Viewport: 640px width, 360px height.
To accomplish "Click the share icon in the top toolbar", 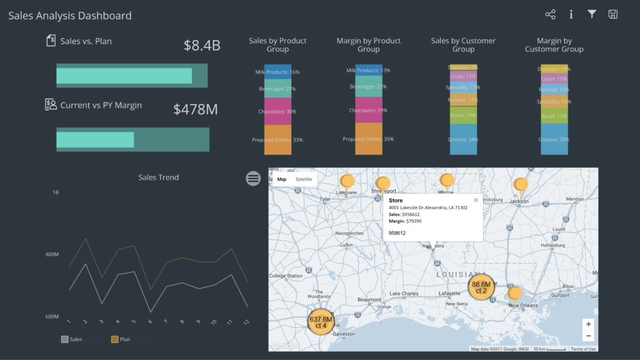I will (550, 14).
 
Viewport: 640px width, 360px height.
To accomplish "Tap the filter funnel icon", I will (592, 14).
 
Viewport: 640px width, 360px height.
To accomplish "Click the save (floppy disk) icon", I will (613, 14).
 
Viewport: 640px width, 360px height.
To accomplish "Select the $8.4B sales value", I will (202, 45).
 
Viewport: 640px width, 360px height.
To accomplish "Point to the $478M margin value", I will (196, 109).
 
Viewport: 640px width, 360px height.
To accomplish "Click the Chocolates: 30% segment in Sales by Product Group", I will (277, 111).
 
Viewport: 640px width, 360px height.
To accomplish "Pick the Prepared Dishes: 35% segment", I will (369, 139).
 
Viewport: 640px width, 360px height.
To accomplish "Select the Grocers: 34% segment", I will (463, 139).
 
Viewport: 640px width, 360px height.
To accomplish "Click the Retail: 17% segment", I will (554, 116).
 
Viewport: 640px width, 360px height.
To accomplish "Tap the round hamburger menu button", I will (253, 179).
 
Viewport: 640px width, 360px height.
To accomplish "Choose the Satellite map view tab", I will (304, 179).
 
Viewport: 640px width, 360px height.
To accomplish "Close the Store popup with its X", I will (476, 200).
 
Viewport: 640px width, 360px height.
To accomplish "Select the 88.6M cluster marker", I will (481, 287).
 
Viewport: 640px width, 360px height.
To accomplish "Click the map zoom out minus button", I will (588, 336).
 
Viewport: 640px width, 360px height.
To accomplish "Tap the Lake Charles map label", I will (403, 293).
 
